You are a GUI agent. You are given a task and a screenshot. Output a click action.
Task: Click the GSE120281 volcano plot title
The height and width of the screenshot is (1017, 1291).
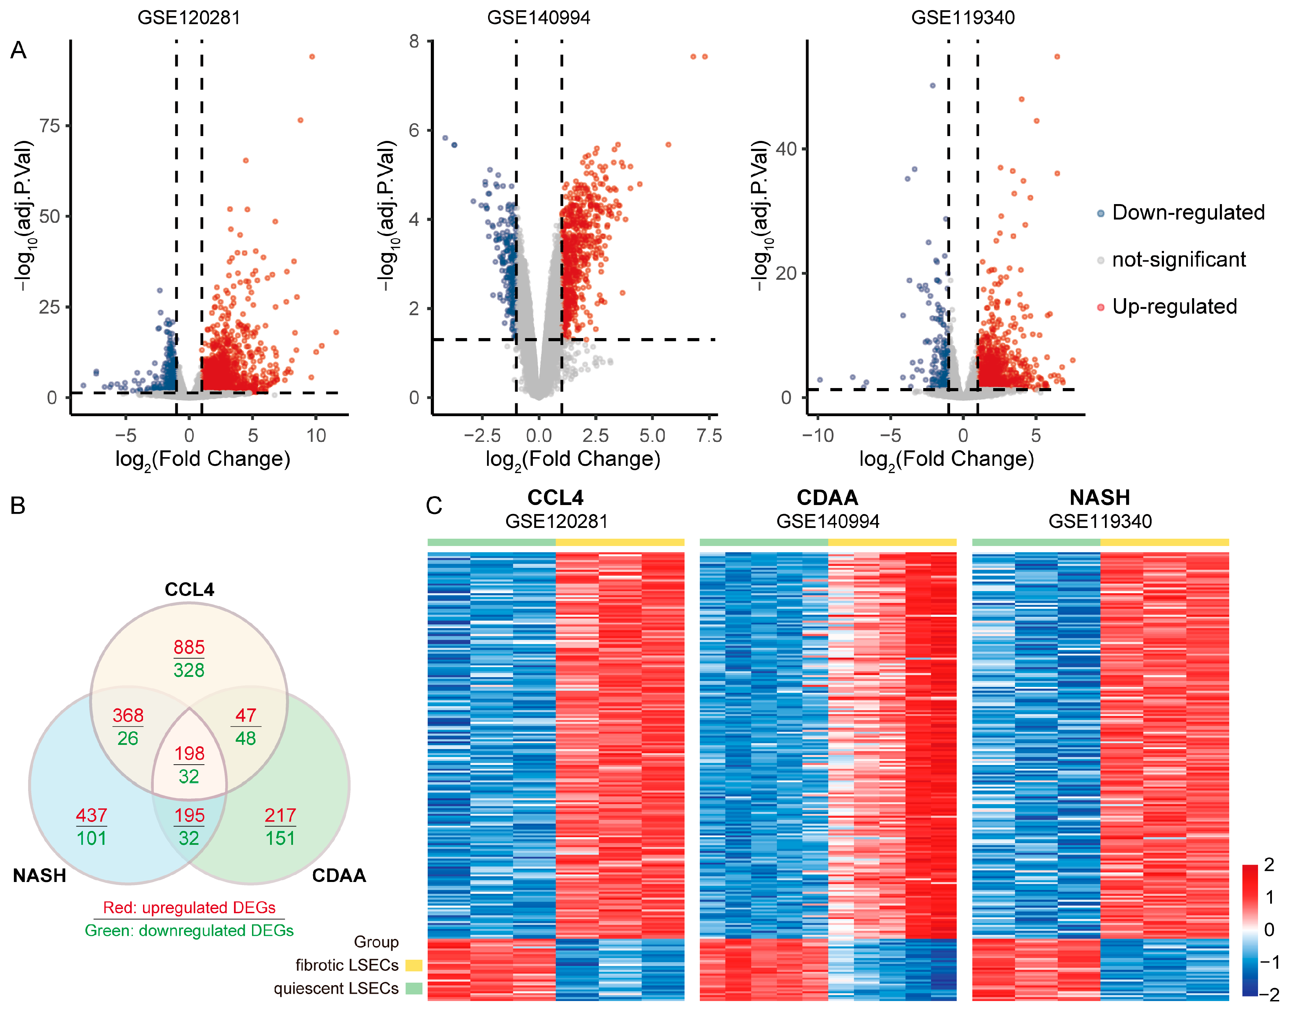(189, 17)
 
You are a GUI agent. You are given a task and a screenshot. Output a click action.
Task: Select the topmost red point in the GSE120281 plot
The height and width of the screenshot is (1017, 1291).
(312, 57)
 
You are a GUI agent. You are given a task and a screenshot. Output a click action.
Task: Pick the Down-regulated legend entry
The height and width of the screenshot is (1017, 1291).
(1188, 212)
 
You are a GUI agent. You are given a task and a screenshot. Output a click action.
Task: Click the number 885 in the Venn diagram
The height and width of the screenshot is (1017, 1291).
(189, 647)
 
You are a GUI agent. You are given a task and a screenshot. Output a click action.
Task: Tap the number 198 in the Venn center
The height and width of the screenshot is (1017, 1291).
(189, 753)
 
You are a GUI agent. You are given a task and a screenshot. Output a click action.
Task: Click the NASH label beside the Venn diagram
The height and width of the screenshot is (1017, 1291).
(39, 875)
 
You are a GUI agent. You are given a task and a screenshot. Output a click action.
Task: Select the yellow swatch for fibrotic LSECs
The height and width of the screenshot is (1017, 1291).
(414, 965)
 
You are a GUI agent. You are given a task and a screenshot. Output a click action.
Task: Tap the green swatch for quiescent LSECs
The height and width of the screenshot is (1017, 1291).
(414, 989)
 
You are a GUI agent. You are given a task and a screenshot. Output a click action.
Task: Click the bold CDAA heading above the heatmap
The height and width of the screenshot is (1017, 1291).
(827, 497)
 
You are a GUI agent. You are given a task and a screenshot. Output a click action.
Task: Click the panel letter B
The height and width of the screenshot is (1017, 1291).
(18, 505)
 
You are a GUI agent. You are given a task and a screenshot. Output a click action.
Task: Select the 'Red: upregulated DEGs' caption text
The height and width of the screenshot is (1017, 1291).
(189, 907)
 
